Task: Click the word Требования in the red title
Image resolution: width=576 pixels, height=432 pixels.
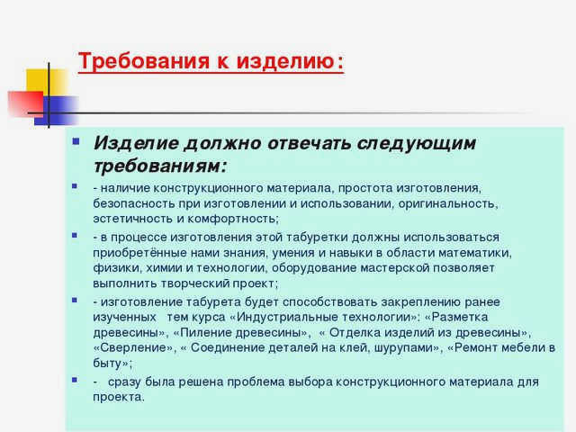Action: (144, 60)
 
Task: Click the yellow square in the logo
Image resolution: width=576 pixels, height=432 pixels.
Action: (47, 84)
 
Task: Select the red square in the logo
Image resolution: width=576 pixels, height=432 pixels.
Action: (26, 103)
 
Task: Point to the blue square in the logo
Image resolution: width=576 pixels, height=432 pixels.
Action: (57, 111)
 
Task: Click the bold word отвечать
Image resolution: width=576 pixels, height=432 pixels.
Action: (309, 143)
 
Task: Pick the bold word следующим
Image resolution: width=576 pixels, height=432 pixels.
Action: (417, 144)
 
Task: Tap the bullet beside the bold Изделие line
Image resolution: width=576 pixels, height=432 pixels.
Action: (76, 141)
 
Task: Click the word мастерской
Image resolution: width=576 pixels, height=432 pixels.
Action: (394, 268)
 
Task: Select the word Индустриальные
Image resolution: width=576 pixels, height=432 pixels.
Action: (287, 318)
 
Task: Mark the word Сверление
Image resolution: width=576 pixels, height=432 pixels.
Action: (134, 347)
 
